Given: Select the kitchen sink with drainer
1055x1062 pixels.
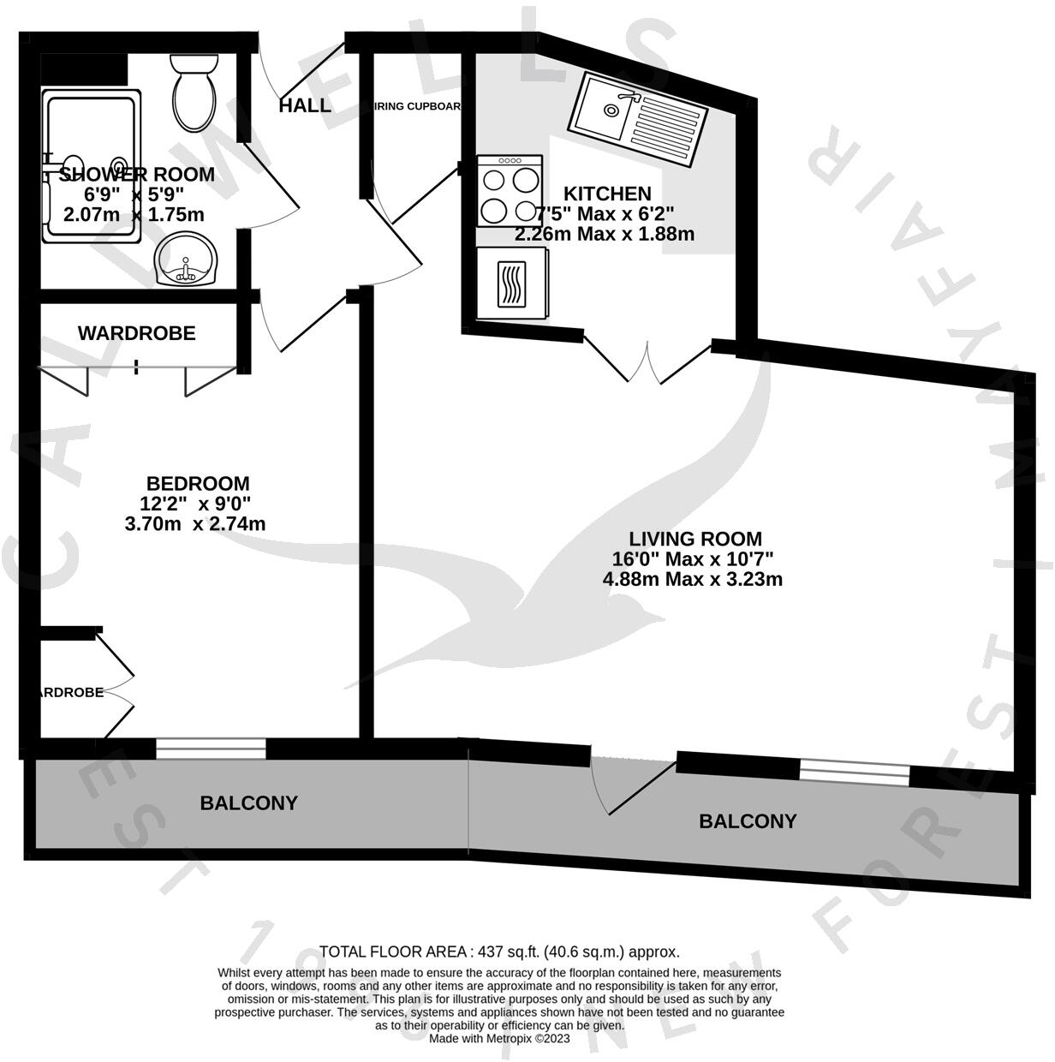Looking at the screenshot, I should point(637,119).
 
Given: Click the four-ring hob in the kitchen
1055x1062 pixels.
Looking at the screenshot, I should point(510,192).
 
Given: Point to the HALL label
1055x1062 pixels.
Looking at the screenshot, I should point(305,106).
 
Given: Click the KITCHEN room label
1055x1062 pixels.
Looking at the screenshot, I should point(606,194).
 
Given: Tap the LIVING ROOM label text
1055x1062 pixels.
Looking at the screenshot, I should point(695,539).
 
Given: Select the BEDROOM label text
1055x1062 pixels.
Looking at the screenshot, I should point(198,483).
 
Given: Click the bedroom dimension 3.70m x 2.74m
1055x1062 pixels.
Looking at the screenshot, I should point(195,523).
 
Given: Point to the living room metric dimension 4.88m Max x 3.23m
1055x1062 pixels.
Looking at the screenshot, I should point(692,579).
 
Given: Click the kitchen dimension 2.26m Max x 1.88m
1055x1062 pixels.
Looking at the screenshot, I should point(605,233).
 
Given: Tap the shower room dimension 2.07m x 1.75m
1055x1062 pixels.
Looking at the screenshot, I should point(134,215).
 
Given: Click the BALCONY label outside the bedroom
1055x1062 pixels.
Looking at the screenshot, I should point(248,803).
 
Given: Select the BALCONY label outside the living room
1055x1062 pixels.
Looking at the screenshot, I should point(748,821).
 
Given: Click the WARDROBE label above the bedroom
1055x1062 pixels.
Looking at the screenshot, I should point(137,333).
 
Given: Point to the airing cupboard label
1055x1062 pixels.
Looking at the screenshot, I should point(417,107).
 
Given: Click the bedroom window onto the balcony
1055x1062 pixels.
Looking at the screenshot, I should point(211,749).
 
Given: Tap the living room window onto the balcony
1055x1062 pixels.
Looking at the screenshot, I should point(854,773).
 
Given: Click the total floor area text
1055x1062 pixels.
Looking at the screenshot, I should point(499,952).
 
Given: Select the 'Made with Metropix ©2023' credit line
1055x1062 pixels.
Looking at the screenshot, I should point(499,1038).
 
